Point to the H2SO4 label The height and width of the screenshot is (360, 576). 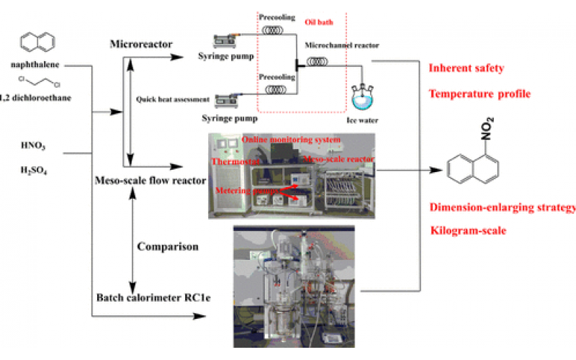34,171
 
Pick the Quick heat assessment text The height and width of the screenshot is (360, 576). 171,99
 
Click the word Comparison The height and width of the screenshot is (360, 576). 168,246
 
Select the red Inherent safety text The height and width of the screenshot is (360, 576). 466,69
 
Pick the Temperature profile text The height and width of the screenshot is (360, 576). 480,94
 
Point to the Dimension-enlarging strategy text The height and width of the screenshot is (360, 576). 503,208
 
